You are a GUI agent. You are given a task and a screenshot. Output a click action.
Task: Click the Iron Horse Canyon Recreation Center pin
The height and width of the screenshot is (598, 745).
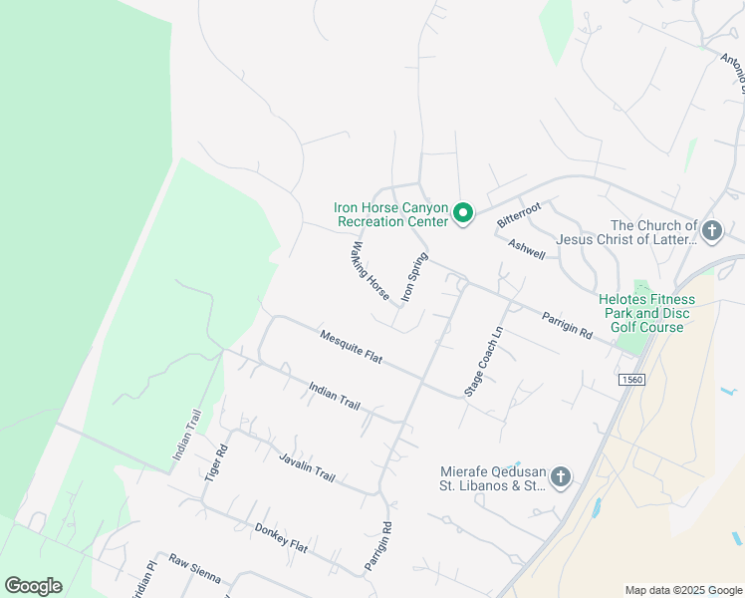pyautogui.click(x=462, y=213)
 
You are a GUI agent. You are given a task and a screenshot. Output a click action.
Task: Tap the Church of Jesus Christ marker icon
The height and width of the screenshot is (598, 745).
pyautogui.click(x=711, y=232)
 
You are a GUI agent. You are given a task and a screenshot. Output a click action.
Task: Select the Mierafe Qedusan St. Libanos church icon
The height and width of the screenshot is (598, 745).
pyautogui.click(x=560, y=478)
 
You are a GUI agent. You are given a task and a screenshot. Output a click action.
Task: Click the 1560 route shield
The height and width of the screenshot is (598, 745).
pyautogui.click(x=631, y=380)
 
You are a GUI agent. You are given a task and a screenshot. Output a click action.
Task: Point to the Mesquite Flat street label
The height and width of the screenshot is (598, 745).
pyautogui.click(x=352, y=347)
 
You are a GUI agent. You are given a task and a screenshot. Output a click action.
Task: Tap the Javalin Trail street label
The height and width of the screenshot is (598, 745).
pyautogui.click(x=307, y=465)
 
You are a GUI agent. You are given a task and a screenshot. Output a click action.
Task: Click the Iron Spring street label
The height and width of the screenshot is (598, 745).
pyautogui.click(x=413, y=277)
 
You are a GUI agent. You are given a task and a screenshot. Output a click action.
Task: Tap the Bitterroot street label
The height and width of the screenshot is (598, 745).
pyautogui.click(x=518, y=212)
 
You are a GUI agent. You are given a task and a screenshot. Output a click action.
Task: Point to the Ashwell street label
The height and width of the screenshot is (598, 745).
pyautogui.click(x=527, y=248)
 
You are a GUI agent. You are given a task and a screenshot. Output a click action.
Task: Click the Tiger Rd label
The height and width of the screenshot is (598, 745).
pyautogui.click(x=216, y=460)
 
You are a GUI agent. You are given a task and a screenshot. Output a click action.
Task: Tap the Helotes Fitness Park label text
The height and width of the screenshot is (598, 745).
pyautogui.click(x=642, y=313)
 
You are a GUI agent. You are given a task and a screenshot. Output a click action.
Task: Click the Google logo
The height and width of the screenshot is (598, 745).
pyautogui.click(x=33, y=586)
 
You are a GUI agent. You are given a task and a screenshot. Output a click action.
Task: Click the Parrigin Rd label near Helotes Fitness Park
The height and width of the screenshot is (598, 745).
pyautogui.click(x=567, y=326)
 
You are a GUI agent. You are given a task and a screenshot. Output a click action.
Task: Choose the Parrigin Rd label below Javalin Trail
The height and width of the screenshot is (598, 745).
pyautogui.click(x=378, y=546)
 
